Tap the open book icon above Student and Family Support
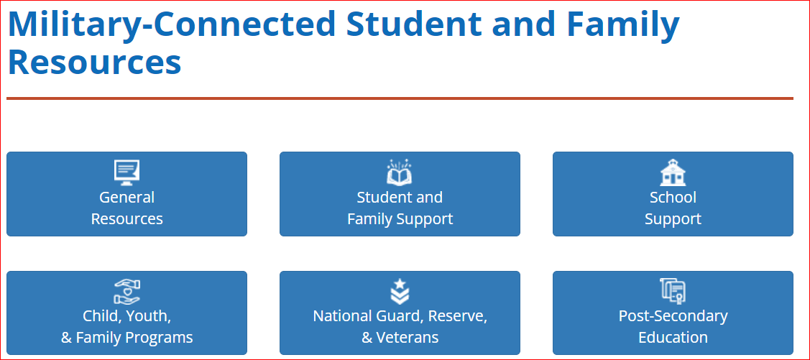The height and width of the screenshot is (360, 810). (400, 172)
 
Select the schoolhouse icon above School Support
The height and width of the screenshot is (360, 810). (673, 172)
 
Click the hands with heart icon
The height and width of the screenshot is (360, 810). (126, 292)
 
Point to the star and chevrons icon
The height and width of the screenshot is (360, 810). (400, 292)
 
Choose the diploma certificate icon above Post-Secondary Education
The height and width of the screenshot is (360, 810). (673, 291)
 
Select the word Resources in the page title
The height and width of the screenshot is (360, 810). (95, 62)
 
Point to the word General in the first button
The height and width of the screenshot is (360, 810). (126, 198)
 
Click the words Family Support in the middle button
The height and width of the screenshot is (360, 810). (400, 219)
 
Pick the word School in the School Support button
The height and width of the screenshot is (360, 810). (673, 198)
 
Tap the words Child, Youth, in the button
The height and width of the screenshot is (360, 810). (126, 316)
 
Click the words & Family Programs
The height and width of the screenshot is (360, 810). (126, 338)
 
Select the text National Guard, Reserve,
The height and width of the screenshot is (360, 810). (400, 316)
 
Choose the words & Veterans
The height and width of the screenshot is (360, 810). (400, 338)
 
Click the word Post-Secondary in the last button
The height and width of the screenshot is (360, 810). (673, 316)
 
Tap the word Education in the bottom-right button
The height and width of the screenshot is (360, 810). (673, 338)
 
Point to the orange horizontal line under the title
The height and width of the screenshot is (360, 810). (400, 98)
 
